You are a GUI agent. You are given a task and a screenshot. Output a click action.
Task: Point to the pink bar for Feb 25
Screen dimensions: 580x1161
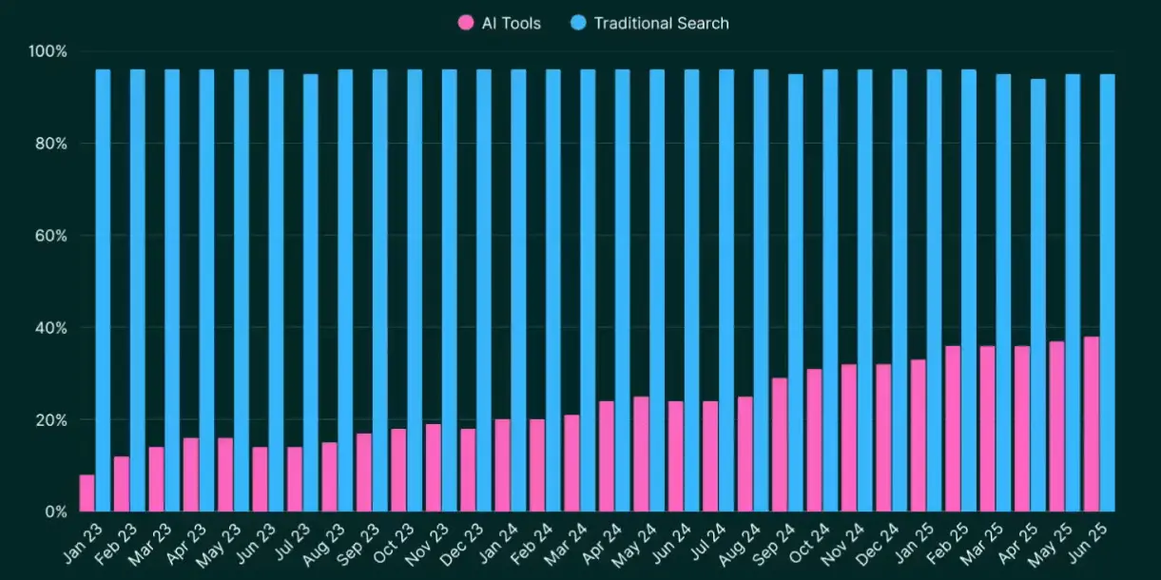point(953,429)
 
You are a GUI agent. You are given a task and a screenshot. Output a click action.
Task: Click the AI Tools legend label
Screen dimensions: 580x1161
point(511,23)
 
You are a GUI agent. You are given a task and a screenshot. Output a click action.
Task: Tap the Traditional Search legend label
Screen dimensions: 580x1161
point(661,23)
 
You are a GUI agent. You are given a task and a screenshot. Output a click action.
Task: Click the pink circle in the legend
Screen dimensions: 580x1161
point(466,23)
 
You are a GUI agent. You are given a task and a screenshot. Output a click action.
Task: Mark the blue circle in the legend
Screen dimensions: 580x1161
point(577,23)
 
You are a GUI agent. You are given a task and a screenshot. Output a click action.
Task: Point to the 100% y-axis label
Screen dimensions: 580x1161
point(48,51)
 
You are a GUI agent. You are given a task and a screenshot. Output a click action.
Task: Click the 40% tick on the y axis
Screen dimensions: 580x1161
point(49,328)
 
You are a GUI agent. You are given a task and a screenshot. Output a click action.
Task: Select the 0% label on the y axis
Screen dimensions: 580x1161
point(54,512)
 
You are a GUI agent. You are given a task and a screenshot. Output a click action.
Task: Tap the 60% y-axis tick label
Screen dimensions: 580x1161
point(49,236)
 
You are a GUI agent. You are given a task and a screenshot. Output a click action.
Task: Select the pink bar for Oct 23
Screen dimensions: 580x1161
point(398,470)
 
